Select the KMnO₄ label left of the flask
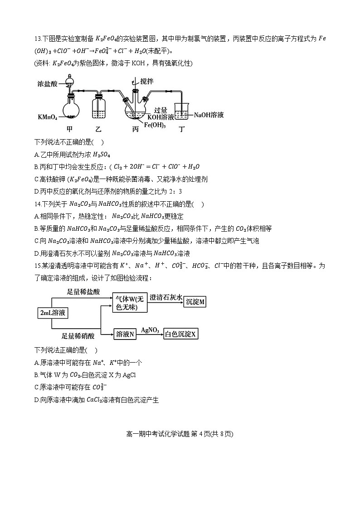(47, 117)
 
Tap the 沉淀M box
(195, 302)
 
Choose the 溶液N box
(125, 334)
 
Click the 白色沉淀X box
(181, 334)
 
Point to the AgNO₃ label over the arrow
(150, 330)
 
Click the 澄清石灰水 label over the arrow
(167, 297)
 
